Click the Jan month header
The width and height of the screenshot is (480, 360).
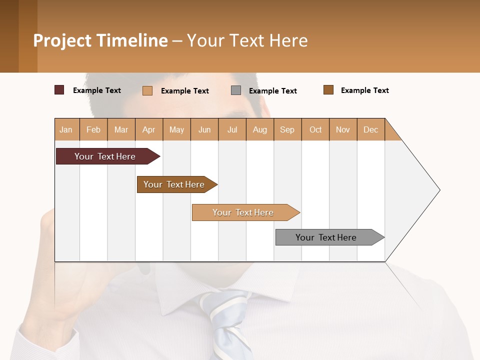pos(66,129)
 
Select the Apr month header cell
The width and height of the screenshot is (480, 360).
pos(149,129)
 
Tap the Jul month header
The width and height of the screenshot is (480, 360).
pos(232,129)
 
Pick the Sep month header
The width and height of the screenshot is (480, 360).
pos(287,129)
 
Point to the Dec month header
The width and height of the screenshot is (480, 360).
pos(370,129)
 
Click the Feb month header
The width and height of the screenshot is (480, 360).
pos(93,129)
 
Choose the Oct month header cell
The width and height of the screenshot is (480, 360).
pos(315,129)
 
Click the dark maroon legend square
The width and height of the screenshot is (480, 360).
pos(59,90)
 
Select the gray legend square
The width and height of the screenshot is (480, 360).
pos(236,90)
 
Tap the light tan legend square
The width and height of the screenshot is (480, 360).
pos(147,90)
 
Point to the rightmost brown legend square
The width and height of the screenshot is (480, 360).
pos(328,90)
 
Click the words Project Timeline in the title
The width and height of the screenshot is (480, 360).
pos(100,40)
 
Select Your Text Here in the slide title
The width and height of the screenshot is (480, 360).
pos(247,40)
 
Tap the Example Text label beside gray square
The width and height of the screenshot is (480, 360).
pos(272,91)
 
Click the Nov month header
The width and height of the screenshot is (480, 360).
pos(343,129)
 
